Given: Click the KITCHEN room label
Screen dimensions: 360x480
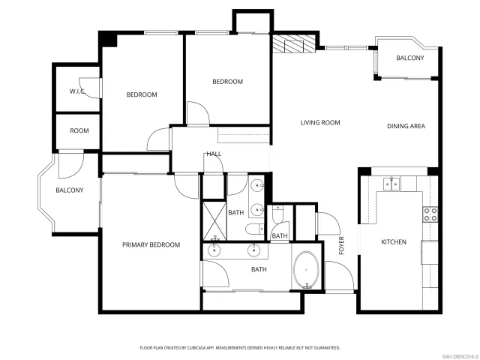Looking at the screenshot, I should click(394, 242).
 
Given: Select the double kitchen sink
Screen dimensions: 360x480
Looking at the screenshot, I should click(391, 182).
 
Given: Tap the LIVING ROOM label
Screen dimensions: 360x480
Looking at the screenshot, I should click(320, 123).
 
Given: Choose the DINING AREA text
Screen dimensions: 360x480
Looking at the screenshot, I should click(406, 126).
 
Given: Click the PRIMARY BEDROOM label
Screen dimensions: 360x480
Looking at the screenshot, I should click(151, 245).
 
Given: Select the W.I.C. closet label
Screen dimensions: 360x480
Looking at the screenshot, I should click(77, 91).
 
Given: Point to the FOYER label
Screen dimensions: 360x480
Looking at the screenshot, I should click(342, 245).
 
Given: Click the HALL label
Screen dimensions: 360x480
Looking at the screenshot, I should click(214, 154).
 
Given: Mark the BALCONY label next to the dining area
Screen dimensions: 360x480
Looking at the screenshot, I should click(409, 58).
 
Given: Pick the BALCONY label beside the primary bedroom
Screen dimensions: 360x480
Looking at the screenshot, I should click(69, 190).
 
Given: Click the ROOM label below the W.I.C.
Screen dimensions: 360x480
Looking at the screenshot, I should click(79, 130).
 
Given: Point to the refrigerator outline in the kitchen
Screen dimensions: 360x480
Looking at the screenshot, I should click(428, 253).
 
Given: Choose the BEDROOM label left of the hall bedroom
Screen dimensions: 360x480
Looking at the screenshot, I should click(141, 94).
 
